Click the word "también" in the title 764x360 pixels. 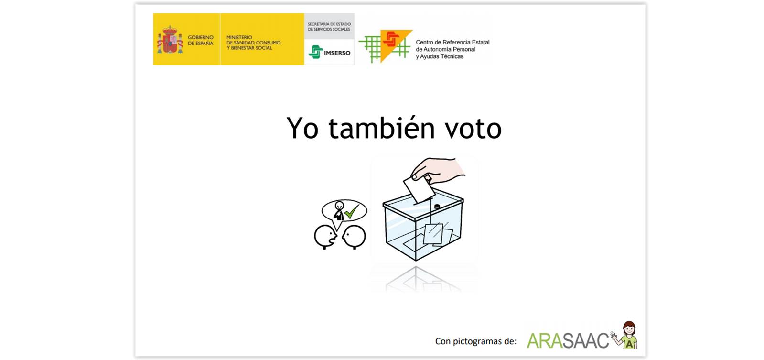pyautogui.click(x=382, y=128)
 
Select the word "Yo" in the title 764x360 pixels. pyautogui.click(x=302, y=128)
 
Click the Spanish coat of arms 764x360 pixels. pyautogui.click(x=170, y=40)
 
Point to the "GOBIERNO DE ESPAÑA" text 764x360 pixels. pyautogui.click(x=201, y=40)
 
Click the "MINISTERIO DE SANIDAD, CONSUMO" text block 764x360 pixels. pyautogui.click(x=253, y=43)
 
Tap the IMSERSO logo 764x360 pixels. pyautogui.click(x=329, y=52)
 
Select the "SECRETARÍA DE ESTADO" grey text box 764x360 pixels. pyautogui.click(x=329, y=27)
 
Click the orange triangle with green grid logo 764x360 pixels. pyautogui.click(x=386, y=46)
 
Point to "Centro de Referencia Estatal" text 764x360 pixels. pyautogui.click(x=452, y=43)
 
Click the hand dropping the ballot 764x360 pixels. pyautogui.click(x=438, y=170)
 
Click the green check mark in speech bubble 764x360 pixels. pyautogui.click(x=352, y=211)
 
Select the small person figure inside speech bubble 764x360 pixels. pyautogui.click(x=339, y=211)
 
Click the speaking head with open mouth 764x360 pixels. pyautogui.click(x=325, y=236)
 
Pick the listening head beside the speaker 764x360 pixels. pyautogui.click(x=354, y=236)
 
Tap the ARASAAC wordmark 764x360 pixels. pyautogui.click(x=568, y=340)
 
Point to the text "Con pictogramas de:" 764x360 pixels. pyautogui.click(x=476, y=341)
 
